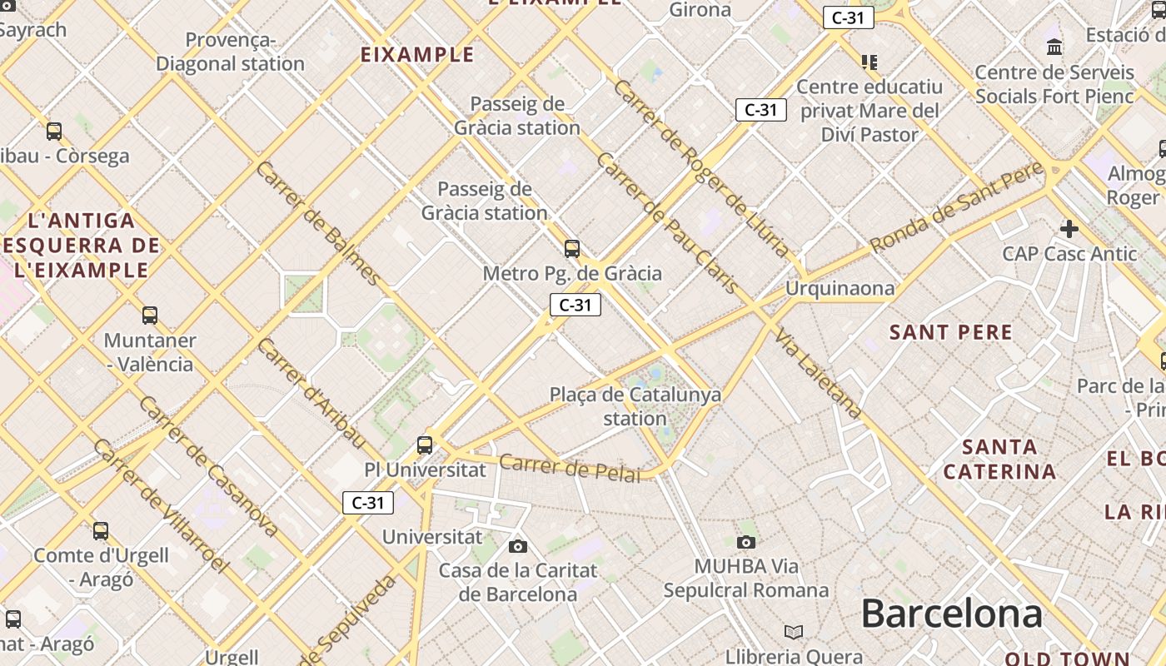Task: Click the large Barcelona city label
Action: point(951,614)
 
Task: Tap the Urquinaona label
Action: point(840,289)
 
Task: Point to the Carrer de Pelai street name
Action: point(571,468)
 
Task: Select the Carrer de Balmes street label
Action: point(318,222)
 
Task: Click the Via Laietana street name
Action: point(818,372)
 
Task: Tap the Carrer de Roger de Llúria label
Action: point(700,167)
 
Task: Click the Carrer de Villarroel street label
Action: point(160,505)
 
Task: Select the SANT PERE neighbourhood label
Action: point(950,333)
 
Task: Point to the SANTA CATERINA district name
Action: point(999,460)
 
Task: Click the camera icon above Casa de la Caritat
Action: point(518,546)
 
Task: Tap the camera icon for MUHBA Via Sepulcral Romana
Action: point(746,542)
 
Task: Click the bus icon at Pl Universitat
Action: point(425,445)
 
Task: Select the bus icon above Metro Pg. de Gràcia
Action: point(571,248)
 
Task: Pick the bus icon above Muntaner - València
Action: point(150,316)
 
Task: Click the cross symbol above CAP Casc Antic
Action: point(1069,228)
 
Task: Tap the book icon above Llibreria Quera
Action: point(794,632)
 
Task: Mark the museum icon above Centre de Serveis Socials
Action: point(1054,47)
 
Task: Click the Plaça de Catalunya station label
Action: point(635,406)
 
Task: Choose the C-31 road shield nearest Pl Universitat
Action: point(368,503)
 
